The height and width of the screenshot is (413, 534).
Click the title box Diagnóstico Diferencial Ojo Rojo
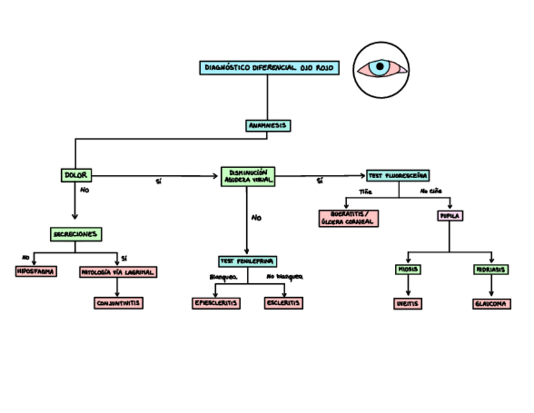point(270,68)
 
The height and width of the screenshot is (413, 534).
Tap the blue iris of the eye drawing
point(379,68)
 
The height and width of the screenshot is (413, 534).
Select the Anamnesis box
point(268,126)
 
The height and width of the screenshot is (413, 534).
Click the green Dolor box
point(76,175)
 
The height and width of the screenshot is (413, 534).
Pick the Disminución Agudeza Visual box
point(248,176)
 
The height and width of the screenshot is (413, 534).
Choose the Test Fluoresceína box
point(397,176)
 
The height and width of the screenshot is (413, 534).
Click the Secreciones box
point(76,234)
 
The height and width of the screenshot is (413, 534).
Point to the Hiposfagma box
point(35,272)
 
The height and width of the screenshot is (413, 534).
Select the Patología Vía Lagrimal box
point(118,273)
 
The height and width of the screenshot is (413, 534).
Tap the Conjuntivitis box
point(118,303)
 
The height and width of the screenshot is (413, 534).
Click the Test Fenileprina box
point(247,261)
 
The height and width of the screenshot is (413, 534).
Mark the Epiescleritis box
point(216,303)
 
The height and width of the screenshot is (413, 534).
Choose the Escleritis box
point(283,303)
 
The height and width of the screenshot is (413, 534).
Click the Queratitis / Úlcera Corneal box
point(348,218)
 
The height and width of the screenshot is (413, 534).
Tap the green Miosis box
point(407,269)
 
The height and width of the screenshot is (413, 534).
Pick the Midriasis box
point(491,269)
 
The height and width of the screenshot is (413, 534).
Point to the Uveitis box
point(407,304)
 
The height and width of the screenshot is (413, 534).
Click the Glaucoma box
point(491,304)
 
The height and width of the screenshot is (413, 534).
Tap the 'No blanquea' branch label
point(284,277)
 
